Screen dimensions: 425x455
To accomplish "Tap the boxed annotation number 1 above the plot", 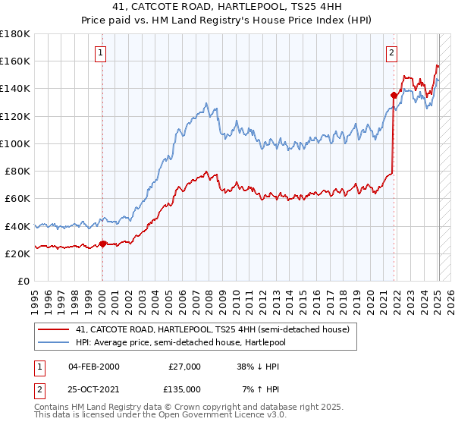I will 102,52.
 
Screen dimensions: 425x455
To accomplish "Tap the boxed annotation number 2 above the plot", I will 391,52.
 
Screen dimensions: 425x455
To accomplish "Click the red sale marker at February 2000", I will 103,244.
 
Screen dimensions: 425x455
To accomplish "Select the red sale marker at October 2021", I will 394,95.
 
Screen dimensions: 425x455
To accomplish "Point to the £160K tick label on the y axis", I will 15,61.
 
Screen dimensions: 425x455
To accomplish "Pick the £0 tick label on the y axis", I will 24,282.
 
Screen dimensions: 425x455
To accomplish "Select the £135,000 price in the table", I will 185,389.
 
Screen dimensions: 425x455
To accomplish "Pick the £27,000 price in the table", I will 185,367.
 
